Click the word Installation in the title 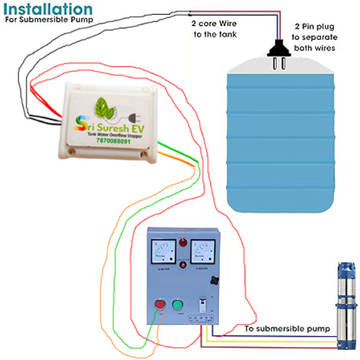(x=47, y=9)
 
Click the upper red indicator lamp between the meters (x=183, y=243)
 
